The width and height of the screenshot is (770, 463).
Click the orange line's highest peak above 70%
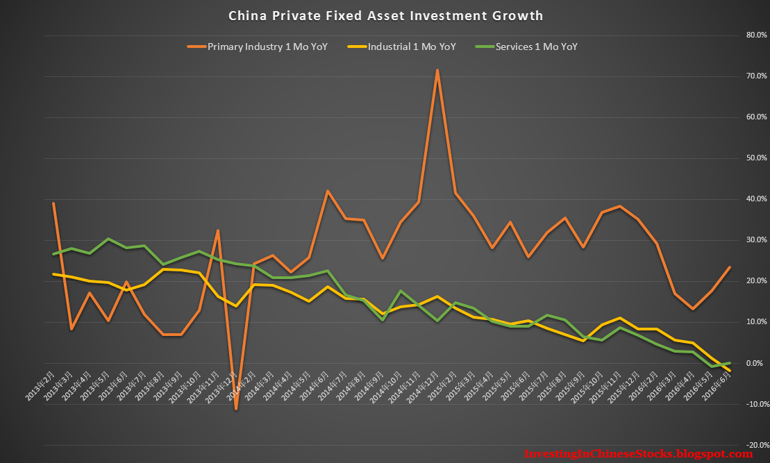(x=437, y=69)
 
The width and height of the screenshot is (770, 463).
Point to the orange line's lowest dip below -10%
(x=236, y=409)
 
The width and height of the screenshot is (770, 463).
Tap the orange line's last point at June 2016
(x=729, y=267)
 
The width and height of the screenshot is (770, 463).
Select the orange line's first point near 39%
(x=53, y=203)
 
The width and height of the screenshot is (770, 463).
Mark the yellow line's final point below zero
(x=729, y=371)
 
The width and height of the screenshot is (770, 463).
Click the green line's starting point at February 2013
(x=53, y=254)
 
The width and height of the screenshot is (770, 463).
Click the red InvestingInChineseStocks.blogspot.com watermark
(x=638, y=454)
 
